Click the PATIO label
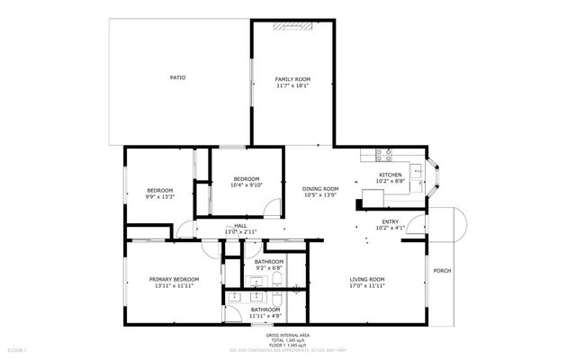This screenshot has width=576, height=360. (x=177, y=78)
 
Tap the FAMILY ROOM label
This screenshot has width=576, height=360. (x=292, y=80)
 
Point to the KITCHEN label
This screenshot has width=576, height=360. (x=390, y=175)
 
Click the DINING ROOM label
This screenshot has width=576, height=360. (x=320, y=188)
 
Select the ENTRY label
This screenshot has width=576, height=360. (x=390, y=221)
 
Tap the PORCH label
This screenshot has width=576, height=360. (x=442, y=271)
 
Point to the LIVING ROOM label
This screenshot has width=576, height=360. (x=367, y=279)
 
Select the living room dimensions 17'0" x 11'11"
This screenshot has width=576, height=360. (x=367, y=286)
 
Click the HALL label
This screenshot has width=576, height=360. (x=240, y=226)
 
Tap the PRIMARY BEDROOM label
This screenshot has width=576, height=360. (x=174, y=279)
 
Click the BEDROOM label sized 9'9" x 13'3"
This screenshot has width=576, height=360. (x=159, y=190)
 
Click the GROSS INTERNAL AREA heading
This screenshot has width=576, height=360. (x=288, y=333)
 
